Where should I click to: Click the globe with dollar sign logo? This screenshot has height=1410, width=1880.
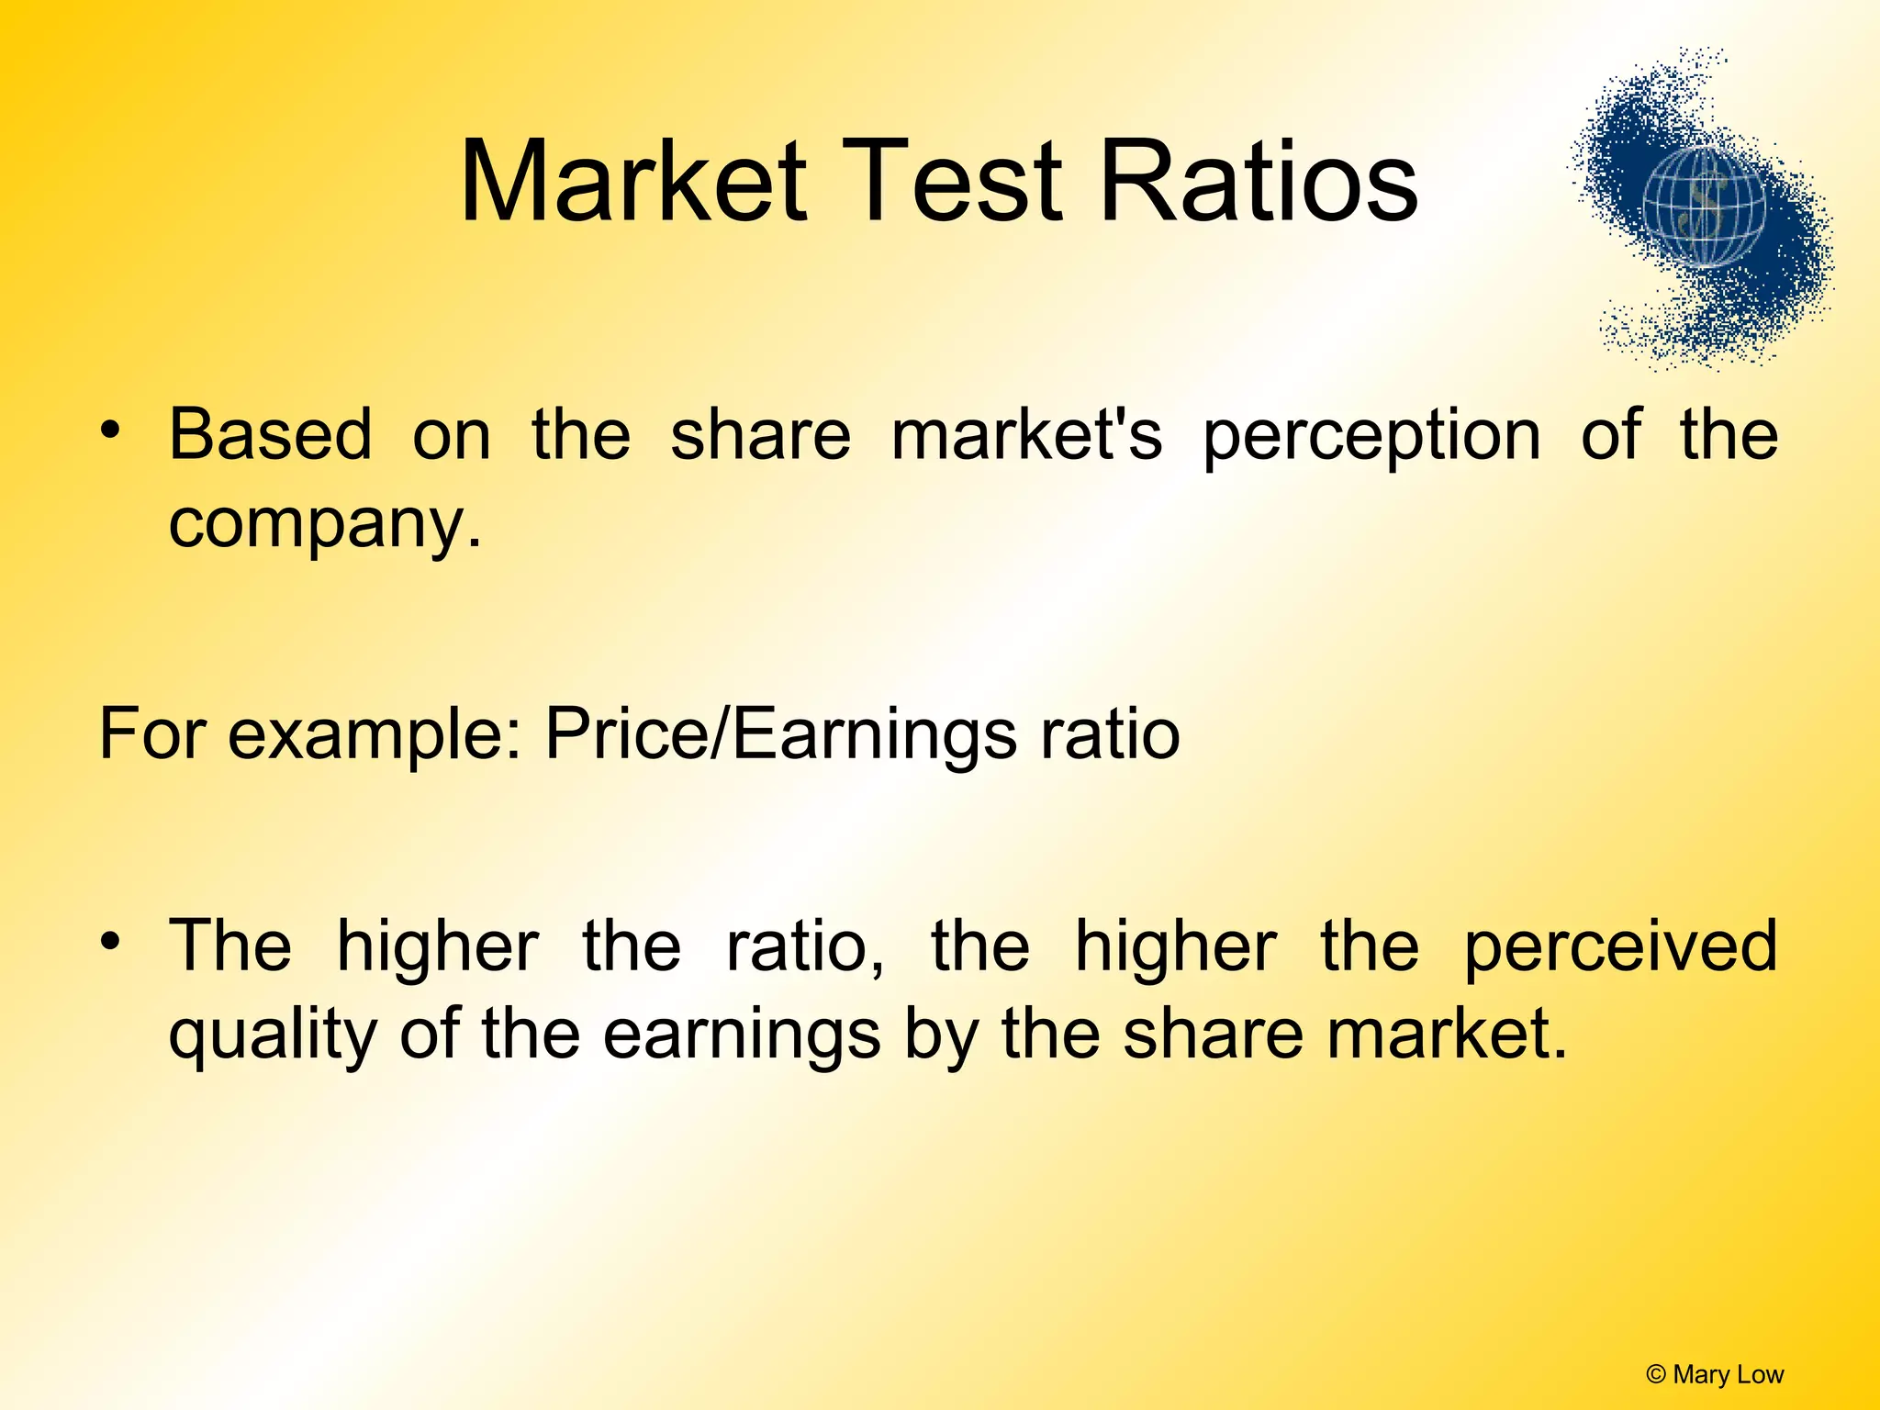1704,209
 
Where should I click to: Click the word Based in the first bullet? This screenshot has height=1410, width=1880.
271,433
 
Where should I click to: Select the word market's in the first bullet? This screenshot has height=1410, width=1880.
1027,433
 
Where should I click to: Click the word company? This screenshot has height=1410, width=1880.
325,525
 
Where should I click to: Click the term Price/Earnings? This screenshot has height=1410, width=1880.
780,734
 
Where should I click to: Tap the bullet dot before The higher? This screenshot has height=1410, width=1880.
110,941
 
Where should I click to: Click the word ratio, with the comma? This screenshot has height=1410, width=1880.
805,946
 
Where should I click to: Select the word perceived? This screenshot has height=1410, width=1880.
1620,946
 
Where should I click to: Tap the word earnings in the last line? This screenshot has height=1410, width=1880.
742,1035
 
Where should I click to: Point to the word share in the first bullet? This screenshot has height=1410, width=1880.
760,433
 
